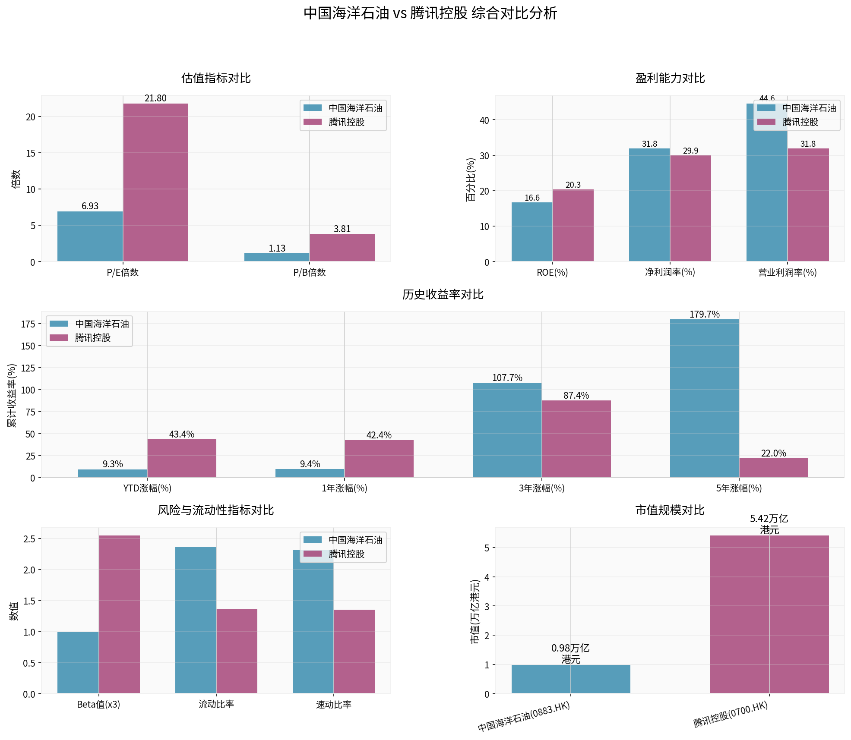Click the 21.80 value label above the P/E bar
[x=155, y=98]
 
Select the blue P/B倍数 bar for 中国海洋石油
[x=277, y=257]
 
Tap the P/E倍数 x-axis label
[x=123, y=273]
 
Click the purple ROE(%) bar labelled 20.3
[x=573, y=225]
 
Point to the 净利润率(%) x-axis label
[x=670, y=272]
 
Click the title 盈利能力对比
[x=670, y=79]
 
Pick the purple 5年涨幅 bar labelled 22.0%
[x=773, y=468]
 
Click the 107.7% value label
[x=507, y=378]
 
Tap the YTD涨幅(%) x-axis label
[x=147, y=488]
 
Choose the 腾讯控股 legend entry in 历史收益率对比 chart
[x=92, y=338]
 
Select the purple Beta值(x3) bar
[x=119, y=614]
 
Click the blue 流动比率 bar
[x=196, y=620]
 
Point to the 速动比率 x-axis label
[x=334, y=705]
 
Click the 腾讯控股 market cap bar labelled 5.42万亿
[x=769, y=614]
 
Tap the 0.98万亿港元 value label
[x=570, y=654]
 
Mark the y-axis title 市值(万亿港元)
[x=475, y=611]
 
